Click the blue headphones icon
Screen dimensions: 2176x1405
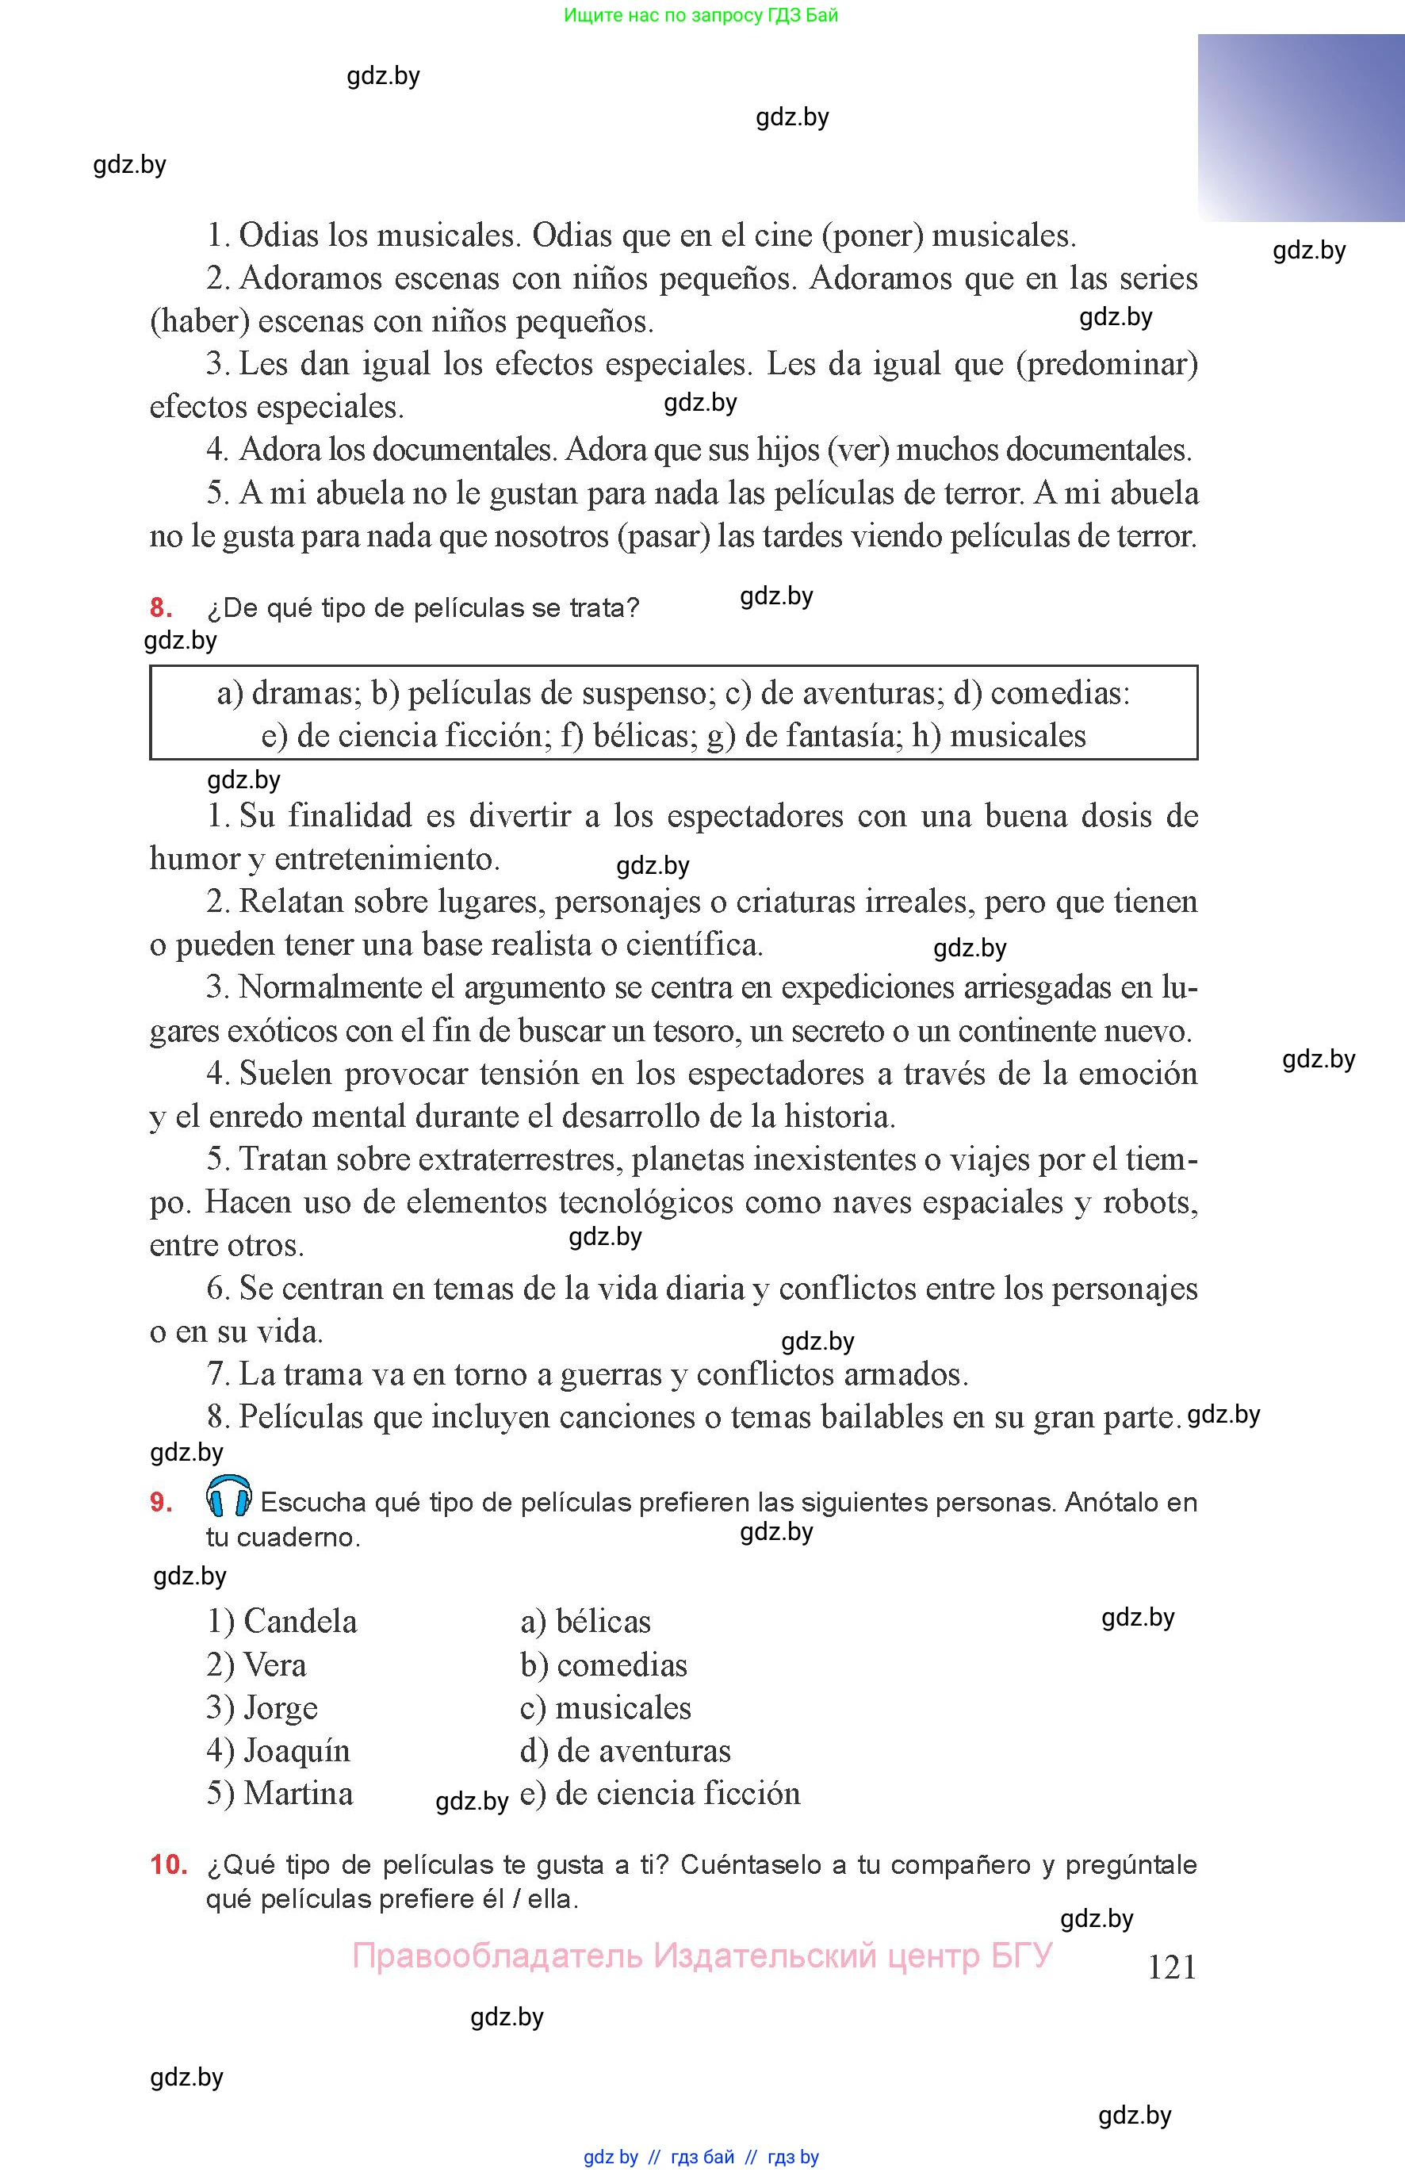pos(229,1496)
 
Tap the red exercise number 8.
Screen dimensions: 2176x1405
pos(161,607)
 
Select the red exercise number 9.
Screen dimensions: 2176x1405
pos(161,1502)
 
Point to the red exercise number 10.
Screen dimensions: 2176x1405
pos(168,1864)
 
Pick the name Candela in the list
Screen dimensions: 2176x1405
pos(301,1621)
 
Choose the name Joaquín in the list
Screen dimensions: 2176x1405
pos(297,1751)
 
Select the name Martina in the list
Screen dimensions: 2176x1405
pos(298,1794)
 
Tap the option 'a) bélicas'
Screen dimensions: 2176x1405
pos(586,1621)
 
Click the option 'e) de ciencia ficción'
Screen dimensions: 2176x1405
pos(660,1794)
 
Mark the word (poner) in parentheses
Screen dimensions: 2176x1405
pos(872,236)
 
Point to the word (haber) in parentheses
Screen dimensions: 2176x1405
pos(200,321)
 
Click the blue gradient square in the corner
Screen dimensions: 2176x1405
pos(1300,128)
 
